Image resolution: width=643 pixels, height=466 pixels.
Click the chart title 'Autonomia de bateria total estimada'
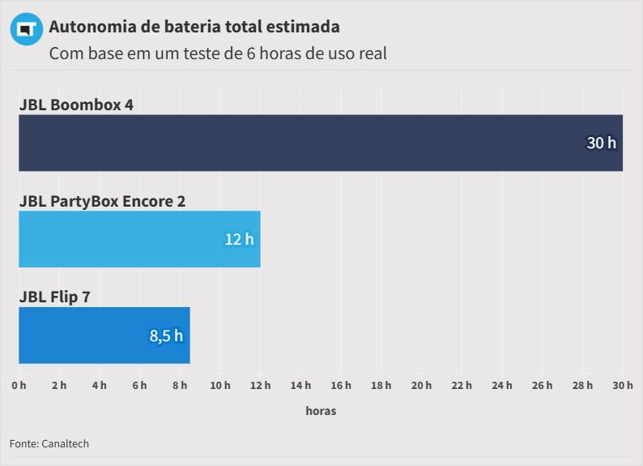coord(194,27)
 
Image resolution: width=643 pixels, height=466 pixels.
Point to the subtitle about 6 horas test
coord(218,54)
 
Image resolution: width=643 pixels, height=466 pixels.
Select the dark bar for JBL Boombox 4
coord(321,143)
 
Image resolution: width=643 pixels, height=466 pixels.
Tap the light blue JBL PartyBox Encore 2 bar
coord(139,239)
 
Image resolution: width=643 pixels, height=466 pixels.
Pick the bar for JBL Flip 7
coord(104,336)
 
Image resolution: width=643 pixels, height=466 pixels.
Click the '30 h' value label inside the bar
coord(601,143)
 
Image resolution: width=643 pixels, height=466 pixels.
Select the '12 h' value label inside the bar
coord(239,239)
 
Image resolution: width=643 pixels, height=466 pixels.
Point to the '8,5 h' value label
coord(166,336)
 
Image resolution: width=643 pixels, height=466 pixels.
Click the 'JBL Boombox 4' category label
coord(76,105)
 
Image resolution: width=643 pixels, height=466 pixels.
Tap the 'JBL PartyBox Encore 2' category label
coord(102,200)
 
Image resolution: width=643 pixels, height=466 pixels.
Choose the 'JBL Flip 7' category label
coord(54,297)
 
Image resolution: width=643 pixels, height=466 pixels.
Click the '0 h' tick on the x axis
coord(19,385)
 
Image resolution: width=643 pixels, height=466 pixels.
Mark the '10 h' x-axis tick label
coord(220,385)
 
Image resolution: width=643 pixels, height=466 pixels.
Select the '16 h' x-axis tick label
coord(341,385)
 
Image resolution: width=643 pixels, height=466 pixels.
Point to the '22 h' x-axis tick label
coord(462,385)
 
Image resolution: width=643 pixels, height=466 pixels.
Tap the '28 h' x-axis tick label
coord(582,385)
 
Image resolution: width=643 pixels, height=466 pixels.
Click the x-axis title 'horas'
coord(321,411)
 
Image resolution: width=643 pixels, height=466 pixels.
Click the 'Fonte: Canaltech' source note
coord(49,443)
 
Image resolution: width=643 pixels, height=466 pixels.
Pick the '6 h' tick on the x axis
coord(139,385)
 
